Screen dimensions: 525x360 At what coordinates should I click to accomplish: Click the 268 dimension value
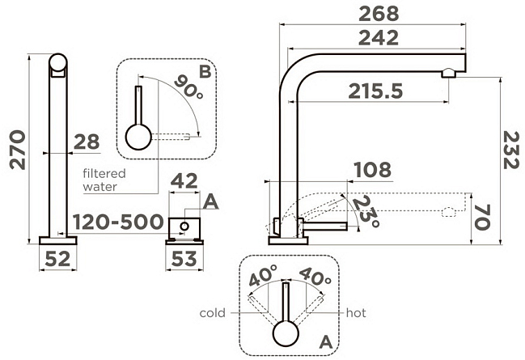pos(379,14)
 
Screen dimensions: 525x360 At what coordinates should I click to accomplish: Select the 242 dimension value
pos(379,38)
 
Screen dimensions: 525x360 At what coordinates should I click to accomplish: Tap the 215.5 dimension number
pos(375,91)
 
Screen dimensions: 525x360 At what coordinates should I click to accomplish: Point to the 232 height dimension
pos(511,150)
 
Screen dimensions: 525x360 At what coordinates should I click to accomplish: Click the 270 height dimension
pos(18,150)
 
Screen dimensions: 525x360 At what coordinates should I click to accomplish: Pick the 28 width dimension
pos(87,142)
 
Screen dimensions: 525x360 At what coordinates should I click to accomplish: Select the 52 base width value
pos(57,259)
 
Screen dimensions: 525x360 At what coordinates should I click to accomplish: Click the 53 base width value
pos(184,259)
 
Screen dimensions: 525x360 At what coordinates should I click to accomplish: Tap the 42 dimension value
pos(184,181)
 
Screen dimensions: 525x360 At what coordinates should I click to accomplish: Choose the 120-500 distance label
pos(118,222)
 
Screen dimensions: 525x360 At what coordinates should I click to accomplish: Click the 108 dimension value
pos(372,170)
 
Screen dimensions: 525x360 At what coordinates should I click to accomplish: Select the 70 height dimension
pos(482,217)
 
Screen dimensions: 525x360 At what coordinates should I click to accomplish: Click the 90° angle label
pos(188,87)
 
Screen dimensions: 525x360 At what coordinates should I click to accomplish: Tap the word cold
pos(212,313)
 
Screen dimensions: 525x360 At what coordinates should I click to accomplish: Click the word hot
pos(356,313)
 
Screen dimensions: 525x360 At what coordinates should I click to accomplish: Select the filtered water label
pos(104,180)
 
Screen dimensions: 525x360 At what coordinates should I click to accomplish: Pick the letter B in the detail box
pos(205,72)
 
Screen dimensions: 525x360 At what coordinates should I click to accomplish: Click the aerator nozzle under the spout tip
pos(449,73)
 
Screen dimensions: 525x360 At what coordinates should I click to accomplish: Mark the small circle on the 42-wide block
pos(184,226)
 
